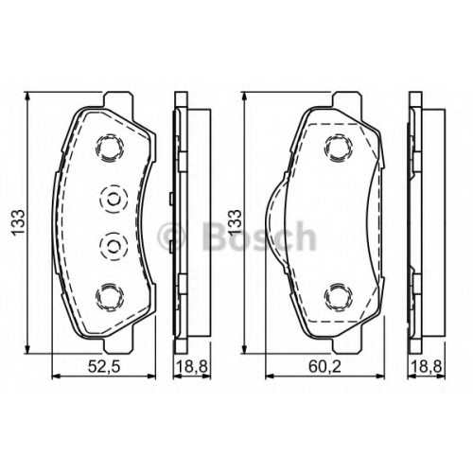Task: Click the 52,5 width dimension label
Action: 104,367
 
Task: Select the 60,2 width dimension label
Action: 324,367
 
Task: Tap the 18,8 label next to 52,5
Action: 192,367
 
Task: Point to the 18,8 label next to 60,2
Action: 427,367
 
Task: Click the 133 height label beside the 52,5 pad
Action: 18,222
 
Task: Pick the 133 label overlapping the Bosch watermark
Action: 236,222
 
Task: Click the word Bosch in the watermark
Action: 258,236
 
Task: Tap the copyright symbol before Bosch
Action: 172,236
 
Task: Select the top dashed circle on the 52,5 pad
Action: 110,148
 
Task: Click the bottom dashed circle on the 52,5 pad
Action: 110,297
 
